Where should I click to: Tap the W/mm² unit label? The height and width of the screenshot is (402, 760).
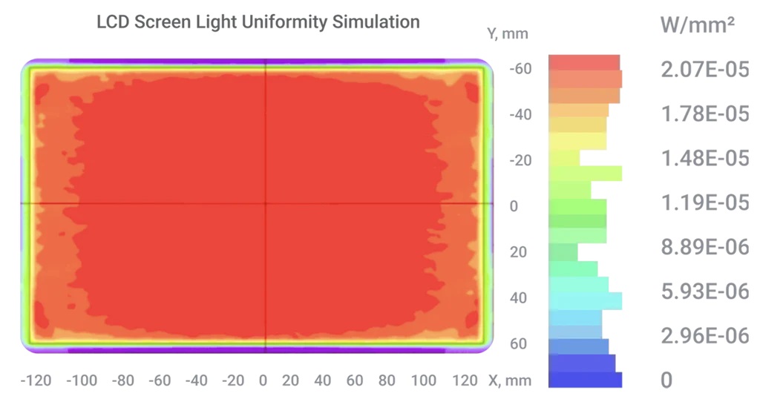[x=698, y=24]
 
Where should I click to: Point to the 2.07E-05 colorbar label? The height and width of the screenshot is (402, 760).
[x=705, y=69]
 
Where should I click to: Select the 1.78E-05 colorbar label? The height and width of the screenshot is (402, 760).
[x=705, y=113]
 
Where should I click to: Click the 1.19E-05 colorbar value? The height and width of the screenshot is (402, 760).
[x=705, y=202]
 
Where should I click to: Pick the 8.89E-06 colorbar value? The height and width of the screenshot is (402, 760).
[x=705, y=247]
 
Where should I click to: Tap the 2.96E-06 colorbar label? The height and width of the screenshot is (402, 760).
[x=705, y=336]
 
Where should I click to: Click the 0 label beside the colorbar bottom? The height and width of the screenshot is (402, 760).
[x=667, y=380]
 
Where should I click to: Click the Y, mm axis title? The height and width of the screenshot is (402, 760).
[x=508, y=34]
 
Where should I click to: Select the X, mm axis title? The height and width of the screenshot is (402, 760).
[x=510, y=380]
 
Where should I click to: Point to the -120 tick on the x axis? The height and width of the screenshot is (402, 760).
[x=36, y=380]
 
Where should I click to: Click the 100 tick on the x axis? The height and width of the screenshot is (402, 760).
[x=424, y=380]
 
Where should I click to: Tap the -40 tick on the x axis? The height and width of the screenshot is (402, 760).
[x=196, y=380]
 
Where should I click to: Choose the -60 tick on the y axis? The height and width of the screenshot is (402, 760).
[x=520, y=69]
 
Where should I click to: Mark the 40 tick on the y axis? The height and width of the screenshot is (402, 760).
[x=518, y=298]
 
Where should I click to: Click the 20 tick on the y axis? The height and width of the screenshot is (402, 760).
[x=518, y=252]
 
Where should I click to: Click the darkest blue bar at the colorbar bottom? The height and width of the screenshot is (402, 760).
[x=585, y=380]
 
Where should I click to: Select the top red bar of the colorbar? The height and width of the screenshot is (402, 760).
[x=584, y=62]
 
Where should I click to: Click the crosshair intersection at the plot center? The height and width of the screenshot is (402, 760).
[x=265, y=203]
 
